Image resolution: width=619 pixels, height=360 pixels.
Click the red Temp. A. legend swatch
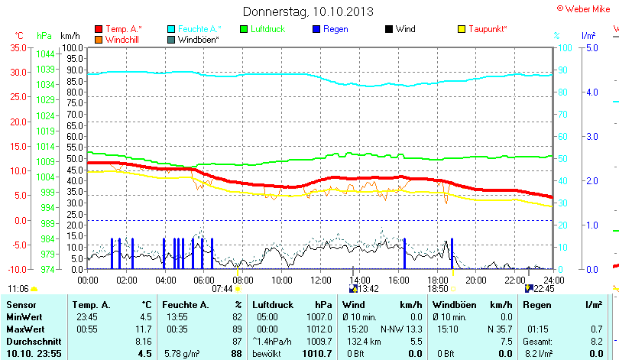tap(99, 29)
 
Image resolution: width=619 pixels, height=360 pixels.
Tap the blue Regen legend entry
tap(335, 29)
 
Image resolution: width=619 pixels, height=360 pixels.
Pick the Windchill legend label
tap(122, 39)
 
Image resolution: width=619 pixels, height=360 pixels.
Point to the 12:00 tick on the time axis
tap(320, 279)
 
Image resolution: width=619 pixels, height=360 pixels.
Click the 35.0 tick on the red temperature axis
tap(17, 47)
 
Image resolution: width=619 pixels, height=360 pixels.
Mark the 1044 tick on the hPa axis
tap(44, 54)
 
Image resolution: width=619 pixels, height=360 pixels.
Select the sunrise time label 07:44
tap(222, 289)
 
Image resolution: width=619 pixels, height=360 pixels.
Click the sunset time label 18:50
tap(437, 289)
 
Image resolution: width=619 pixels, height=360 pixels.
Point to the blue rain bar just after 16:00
tap(404, 253)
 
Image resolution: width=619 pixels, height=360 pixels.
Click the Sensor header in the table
tap(21, 305)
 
